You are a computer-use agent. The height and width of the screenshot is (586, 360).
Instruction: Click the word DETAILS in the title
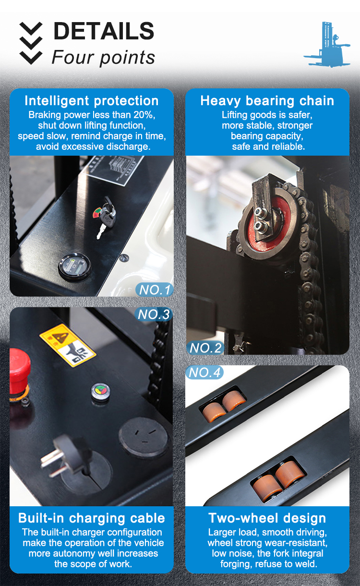coord(104,31)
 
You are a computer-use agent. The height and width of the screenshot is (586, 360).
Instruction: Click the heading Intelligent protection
coord(92,101)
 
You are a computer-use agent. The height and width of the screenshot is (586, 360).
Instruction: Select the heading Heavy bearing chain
coord(267,101)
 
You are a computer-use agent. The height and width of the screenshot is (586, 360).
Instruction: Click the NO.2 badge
coord(205,348)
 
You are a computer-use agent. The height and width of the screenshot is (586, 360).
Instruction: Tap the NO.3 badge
coord(154,314)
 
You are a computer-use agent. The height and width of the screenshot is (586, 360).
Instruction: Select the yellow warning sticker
coord(67,345)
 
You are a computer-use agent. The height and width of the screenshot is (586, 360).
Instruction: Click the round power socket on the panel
coord(144,437)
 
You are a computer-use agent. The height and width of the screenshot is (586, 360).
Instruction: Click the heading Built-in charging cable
coord(92,518)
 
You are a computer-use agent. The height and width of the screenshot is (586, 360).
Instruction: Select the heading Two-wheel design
coord(267,518)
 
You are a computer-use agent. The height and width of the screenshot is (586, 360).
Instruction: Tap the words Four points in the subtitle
coord(103,58)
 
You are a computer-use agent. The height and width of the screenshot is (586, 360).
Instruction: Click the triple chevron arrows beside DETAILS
coord(31,44)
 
